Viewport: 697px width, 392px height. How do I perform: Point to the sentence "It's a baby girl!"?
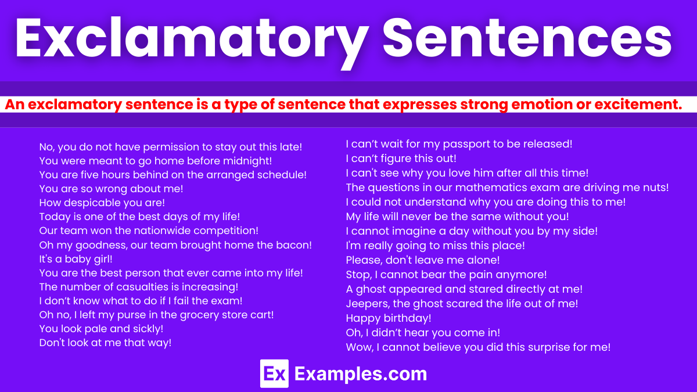[76, 259]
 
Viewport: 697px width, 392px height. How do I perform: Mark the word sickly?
[145, 329]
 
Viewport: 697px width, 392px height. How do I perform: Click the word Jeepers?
[366, 303]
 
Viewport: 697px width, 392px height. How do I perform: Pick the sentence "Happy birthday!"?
[389, 318]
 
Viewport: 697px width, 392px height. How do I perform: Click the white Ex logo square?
[274, 373]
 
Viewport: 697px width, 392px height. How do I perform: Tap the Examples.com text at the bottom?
[361, 374]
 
